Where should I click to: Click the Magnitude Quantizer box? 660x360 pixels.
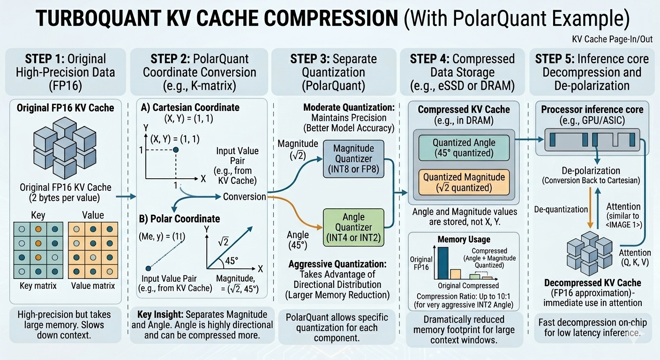tap(353, 159)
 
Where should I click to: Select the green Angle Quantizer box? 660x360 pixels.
tap(353, 227)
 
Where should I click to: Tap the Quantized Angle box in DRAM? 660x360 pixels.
tap(464, 148)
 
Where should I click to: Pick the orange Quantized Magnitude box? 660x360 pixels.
tap(464, 182)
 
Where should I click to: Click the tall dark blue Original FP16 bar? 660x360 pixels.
tap(443, 263)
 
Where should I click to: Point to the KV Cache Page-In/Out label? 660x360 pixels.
tap(612, 39)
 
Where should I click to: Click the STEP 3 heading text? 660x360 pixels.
tap(334, 72)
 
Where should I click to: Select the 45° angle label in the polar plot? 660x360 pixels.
tap(232, 261)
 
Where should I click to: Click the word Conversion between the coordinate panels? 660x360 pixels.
tap(244, 196)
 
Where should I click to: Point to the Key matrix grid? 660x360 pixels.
tap(38, 250)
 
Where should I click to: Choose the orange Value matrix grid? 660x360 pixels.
tap(93, 250)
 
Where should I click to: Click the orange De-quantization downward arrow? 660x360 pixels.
tap(590, 208)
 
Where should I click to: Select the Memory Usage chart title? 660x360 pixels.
tap(464, 239)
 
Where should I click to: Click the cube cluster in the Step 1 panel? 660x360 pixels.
tap(65, 148)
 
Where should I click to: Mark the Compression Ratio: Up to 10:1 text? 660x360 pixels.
tap(464, 296)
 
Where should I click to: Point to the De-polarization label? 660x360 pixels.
tap(591, 171)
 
